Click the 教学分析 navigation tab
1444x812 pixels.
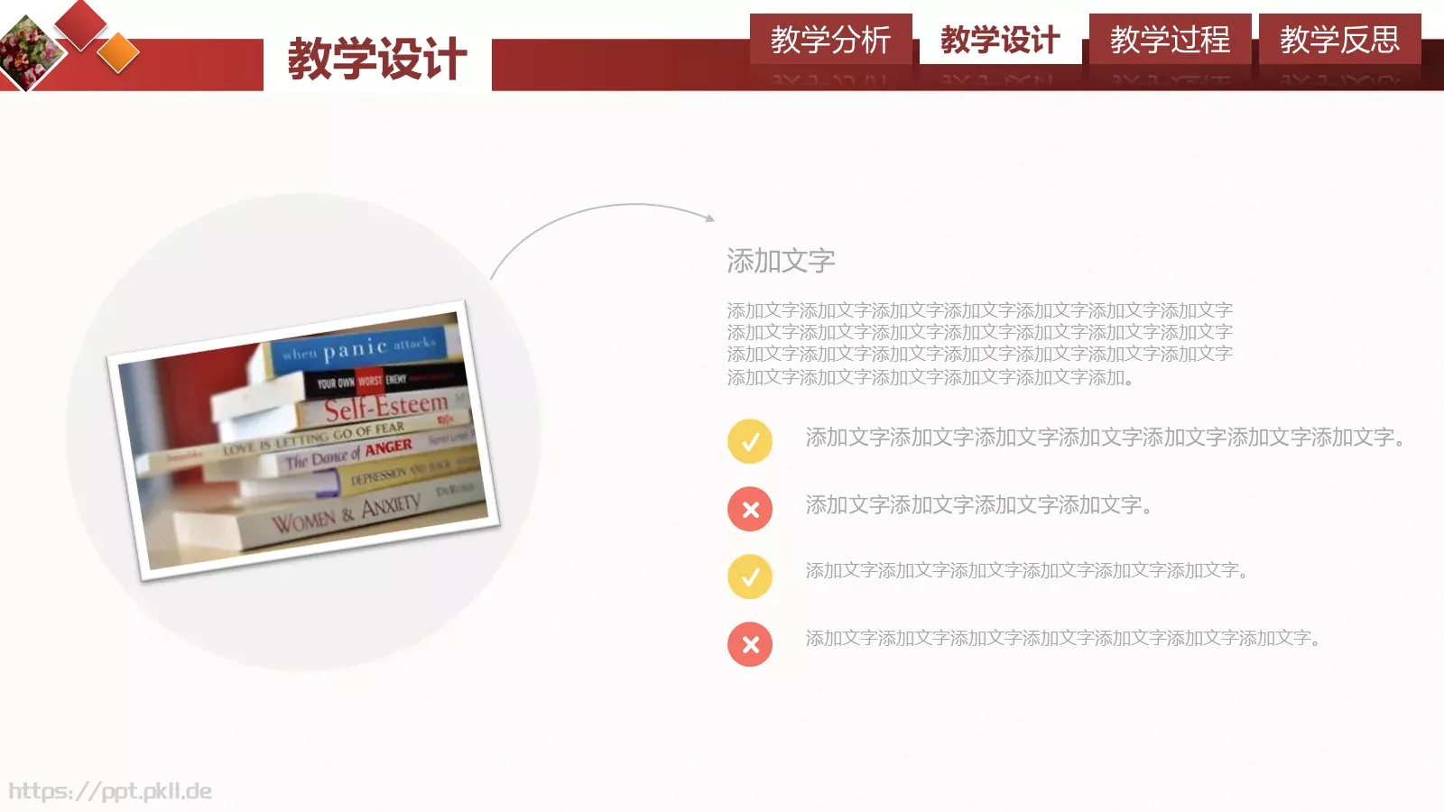click(830, 40)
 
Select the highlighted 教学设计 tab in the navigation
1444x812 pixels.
click(1000, 40)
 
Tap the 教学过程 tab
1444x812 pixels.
click(1170, 40)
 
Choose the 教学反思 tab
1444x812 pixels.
click(1339, 40)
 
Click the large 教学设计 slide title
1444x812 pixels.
click(377, 60)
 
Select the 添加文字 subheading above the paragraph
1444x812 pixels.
click(781, 261)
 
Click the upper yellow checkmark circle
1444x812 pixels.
click(750, 441)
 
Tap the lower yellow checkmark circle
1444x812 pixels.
click(750, 577)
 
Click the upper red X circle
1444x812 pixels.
click(750, 509)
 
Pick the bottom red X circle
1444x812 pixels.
click(750, 644)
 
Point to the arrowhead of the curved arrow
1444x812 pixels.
click(710, 217)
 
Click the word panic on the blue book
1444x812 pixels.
click(355, 348)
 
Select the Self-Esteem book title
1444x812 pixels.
click(385, 408)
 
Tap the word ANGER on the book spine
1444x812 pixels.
click(388, 448)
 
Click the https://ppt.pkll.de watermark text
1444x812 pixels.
click(110, 791)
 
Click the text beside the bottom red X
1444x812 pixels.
click(1063, 639)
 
